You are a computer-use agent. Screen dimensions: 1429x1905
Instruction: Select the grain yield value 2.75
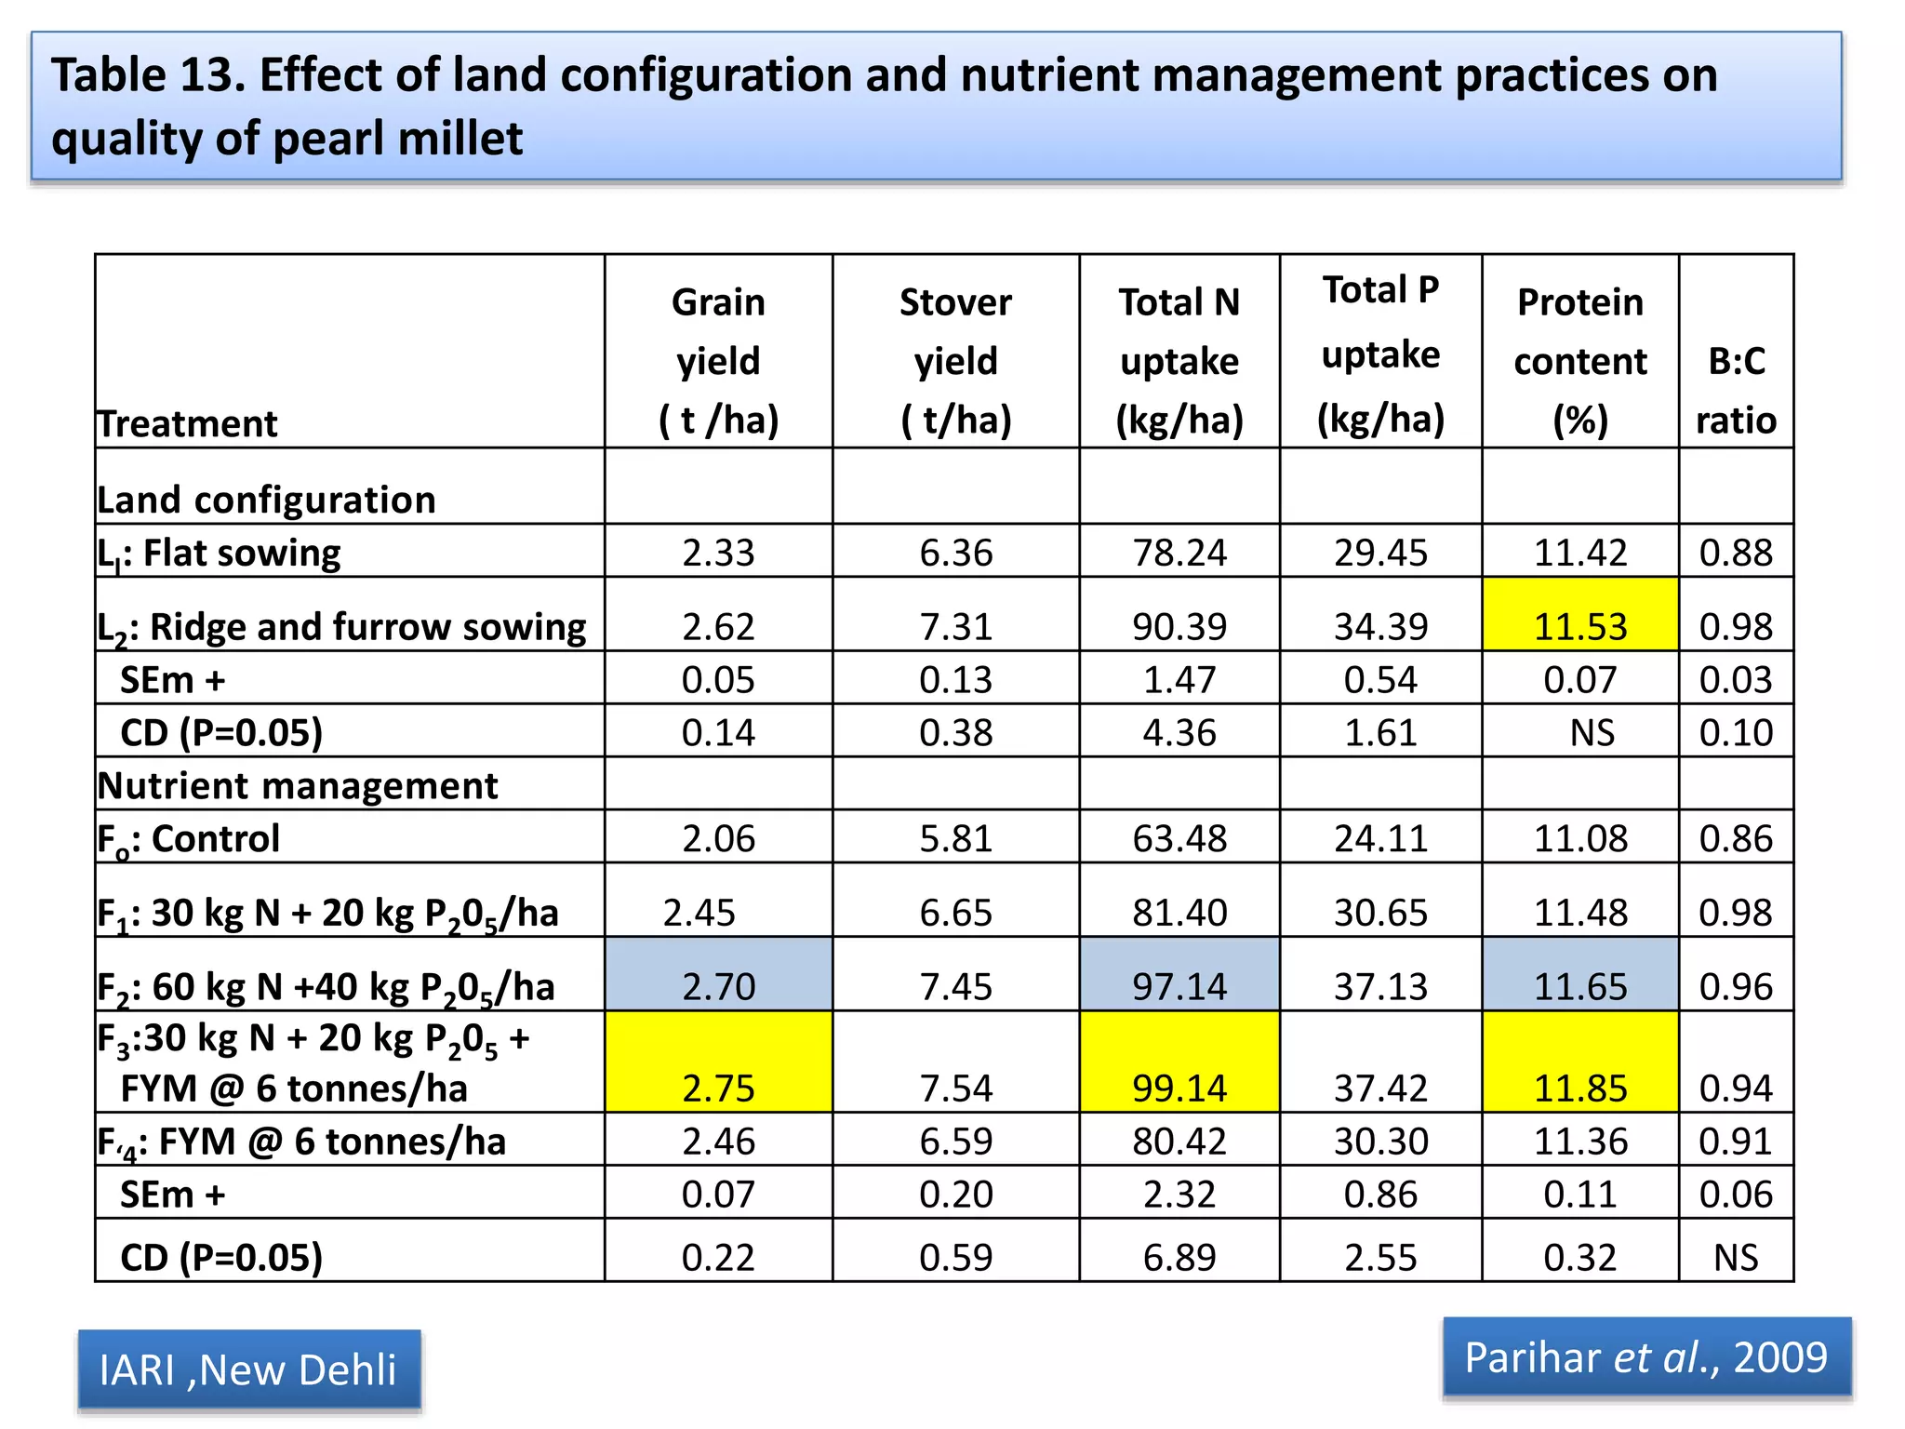718,1088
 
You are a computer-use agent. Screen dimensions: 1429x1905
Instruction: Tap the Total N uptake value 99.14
1179,1088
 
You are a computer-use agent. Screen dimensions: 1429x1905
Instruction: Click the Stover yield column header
955,361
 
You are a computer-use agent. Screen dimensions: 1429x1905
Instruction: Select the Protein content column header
1579,361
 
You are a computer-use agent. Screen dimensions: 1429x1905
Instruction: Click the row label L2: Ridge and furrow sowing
342,627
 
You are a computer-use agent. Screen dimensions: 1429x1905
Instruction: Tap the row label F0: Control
189,838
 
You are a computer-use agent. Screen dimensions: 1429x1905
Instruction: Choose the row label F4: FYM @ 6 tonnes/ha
302,1142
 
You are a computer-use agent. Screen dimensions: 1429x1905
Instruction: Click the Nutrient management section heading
298,786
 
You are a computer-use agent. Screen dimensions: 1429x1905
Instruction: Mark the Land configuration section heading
267,500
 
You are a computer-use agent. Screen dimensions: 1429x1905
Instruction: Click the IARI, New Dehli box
248,1369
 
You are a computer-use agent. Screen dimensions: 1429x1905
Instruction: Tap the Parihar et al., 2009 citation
1645,1357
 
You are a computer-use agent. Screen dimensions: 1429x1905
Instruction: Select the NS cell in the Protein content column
1592,733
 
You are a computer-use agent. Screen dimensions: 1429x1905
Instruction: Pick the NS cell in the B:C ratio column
1736,1258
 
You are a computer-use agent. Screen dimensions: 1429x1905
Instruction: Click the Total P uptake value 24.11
1380,838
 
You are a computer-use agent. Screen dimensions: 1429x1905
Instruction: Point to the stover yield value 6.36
955,553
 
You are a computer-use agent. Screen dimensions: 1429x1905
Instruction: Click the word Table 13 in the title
148,75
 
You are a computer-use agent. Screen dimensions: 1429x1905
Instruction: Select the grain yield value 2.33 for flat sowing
718,553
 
